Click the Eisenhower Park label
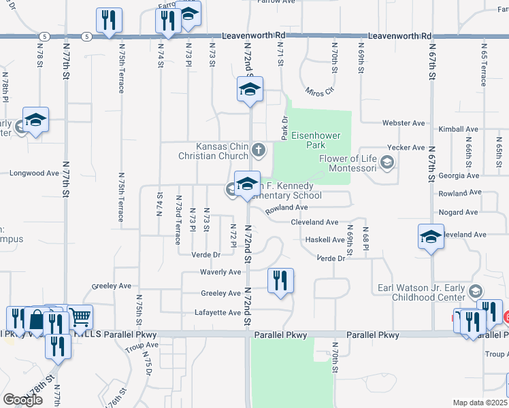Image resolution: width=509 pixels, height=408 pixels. coord(315,140)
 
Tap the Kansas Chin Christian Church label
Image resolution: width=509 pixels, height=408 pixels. coord(223,151)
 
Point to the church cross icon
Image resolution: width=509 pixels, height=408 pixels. coord(258,150)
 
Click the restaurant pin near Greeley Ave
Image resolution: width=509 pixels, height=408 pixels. coord(280,280)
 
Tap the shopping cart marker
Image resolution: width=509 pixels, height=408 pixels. coord(81,316)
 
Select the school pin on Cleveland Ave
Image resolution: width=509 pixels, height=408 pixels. coord(430,237)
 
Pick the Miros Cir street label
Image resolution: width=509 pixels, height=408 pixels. coord(321,90)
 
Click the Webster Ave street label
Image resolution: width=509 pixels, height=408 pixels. coord(404,123)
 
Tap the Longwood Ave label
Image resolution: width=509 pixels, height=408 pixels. coord(34,173)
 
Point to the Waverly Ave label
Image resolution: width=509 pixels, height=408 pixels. coord(220,272)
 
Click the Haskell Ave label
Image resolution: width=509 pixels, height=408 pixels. coord(325,240)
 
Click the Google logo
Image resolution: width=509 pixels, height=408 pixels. coord(23,399)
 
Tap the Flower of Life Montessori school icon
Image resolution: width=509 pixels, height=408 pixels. coord(387,162)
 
